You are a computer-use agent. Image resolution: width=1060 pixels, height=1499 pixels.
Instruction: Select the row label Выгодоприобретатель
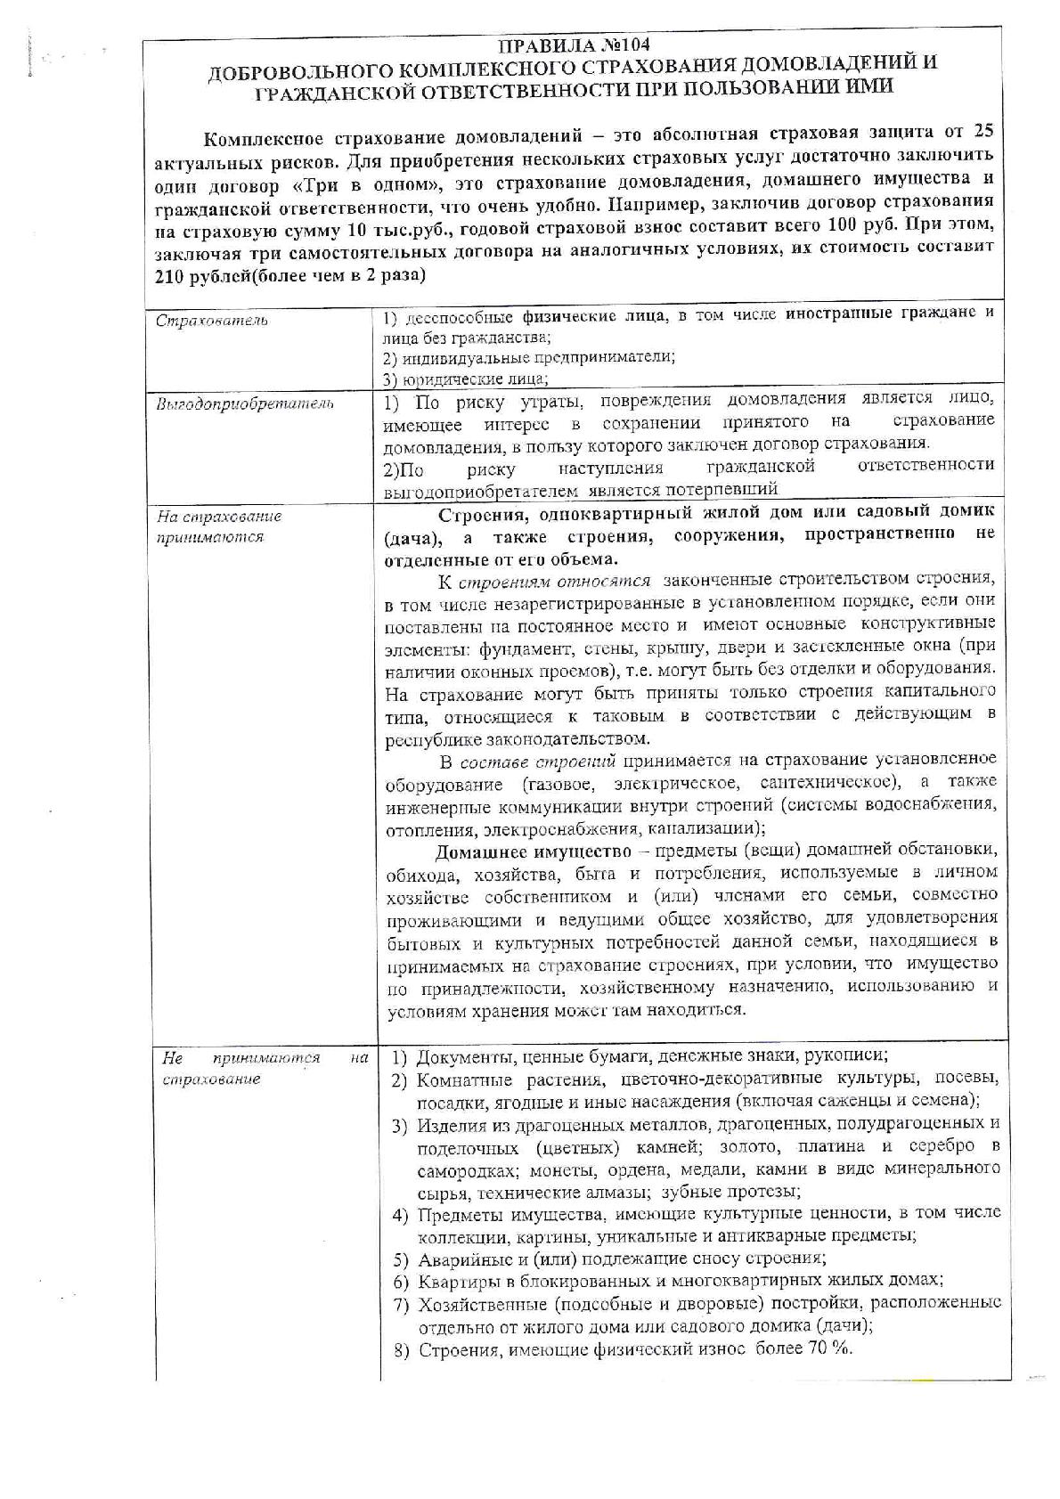245,404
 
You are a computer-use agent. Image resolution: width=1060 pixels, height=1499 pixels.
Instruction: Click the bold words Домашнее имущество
511,849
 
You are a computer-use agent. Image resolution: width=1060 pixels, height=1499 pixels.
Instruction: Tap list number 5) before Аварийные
402,1259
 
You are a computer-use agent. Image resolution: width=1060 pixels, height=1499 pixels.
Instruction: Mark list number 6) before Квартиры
402,1281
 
